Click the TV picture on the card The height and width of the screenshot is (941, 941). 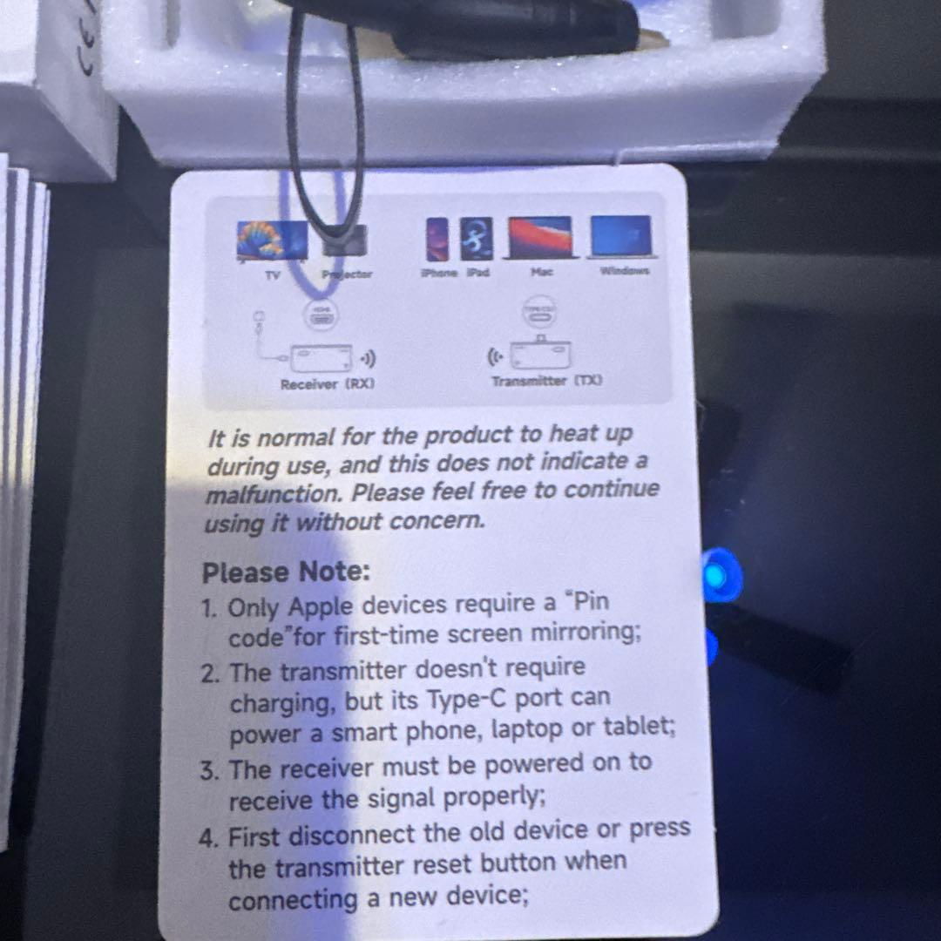(271, 240)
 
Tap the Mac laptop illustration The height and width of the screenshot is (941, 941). (543, 238)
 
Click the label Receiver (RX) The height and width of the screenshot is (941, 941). (327, 383)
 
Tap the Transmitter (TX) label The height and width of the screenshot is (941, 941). (545, 381)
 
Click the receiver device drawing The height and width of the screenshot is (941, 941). (322, 357)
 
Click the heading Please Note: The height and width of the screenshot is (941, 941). (286, 572)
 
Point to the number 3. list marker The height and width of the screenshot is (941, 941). (211, 771)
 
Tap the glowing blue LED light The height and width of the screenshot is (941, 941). (717, 575)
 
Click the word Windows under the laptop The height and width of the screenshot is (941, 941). (624, 271)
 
